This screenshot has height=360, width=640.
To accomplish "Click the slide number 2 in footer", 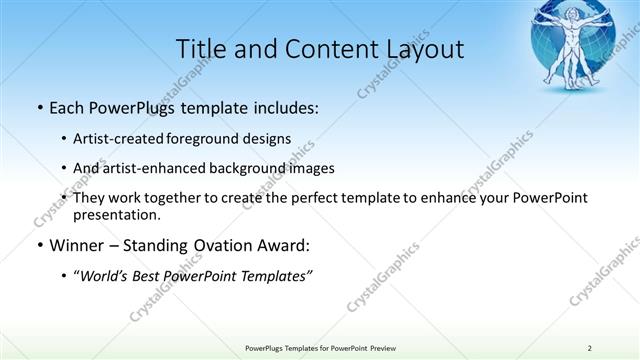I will pos(590,347).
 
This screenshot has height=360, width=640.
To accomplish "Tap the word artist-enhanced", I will pos(158,168).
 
